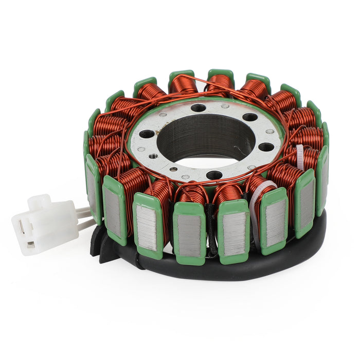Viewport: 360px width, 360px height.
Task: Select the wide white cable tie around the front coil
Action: pyautogui.click(x=257, y=206)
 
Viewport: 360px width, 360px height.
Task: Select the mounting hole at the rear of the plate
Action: pyautogui.click(x=198, y=108)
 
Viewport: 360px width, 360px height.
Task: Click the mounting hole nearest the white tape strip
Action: pyautogui.click(x=266, y=147)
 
